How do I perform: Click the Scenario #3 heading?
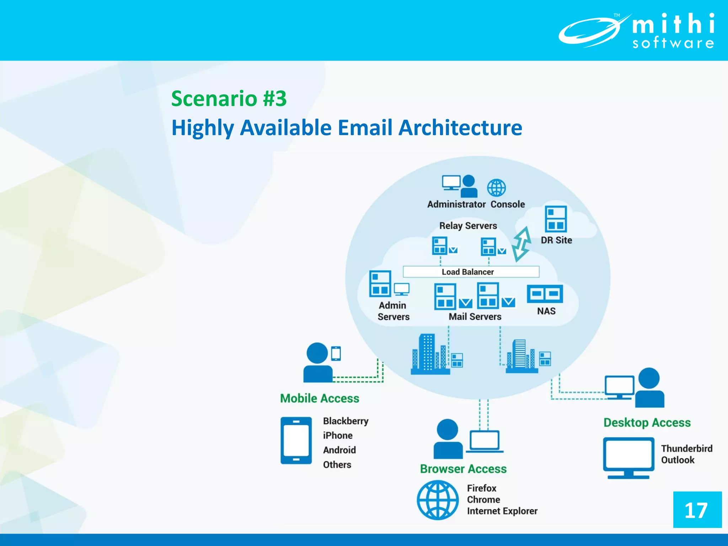click(229, 98)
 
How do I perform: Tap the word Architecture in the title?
click(460, 128)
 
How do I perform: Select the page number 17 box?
click(697, 510)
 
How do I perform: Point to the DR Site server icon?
click(556, 219)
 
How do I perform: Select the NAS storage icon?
click(545, 294)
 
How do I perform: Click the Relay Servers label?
click(468, 226)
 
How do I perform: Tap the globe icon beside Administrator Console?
click(496, 188)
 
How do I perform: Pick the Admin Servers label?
click(393, 311)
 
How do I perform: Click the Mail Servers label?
click(475, 317)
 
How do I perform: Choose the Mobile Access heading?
click(320, 398)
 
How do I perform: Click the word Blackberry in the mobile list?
click(346, 421)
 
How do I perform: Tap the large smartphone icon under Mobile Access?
click(296, 440)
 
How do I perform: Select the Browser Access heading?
click(463, 469)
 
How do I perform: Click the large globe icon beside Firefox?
click(438, 500)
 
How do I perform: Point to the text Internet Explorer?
click(502, 511)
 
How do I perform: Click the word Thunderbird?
click(686, 449)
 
